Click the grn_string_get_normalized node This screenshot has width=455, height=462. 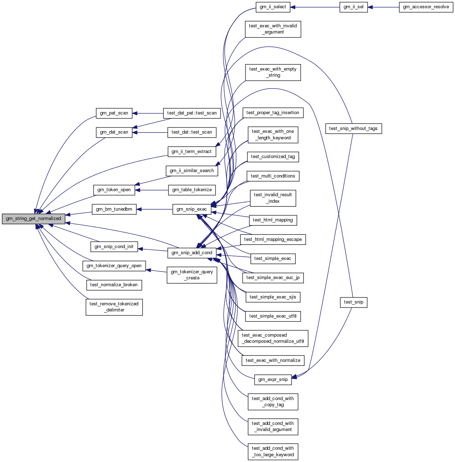point(33,219)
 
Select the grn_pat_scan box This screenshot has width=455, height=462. point(114,113)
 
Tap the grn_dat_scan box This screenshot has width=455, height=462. point(114,132)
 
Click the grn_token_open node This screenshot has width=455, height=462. point(114,190)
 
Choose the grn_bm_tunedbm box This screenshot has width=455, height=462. point(114,209)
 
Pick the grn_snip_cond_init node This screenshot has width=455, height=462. point(114,247)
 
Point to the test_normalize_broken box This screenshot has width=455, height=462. point(114,285)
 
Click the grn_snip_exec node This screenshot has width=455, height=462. point(192,209)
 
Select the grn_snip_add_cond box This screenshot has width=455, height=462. point(192,253)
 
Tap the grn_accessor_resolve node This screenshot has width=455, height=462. point(426,7)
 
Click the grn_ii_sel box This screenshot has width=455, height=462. point(353,7)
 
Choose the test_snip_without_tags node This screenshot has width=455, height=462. point(353,129)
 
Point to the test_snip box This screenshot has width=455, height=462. point(353,302)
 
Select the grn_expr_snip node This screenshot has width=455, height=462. point(273,380)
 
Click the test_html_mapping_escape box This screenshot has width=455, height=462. point(273,239)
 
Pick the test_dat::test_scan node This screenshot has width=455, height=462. point(192,132)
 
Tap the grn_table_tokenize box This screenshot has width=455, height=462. point(192,190)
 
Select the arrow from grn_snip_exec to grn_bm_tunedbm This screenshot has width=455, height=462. point(154,209)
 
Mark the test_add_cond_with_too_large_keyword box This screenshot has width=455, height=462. point(273,452)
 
